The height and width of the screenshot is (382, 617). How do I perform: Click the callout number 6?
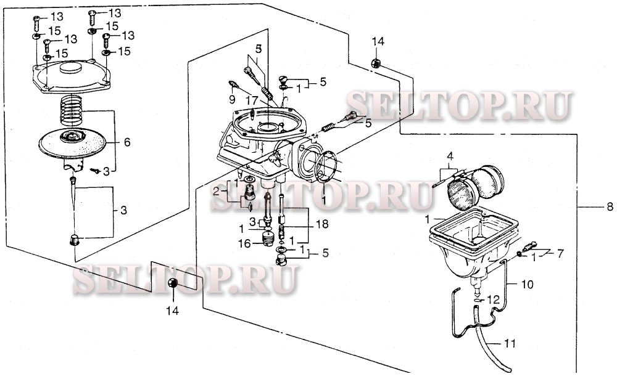pos(126,142)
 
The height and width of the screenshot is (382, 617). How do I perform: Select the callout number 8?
pos(610,206)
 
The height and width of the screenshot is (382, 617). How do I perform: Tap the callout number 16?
pos(244,243)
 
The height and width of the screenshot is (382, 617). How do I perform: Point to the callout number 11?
pos(510,344)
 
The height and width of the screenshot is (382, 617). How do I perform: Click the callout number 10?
pos(528,284)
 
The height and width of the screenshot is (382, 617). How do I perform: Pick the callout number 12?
pos(492,300)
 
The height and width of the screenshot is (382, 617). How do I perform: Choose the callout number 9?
pos(232,99)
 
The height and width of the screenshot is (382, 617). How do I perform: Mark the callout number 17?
pos(252,99)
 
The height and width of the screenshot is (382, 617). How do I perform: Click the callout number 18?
pos(322,224)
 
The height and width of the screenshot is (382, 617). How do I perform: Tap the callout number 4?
pos(450,156)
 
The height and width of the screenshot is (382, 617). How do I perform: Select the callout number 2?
pos(216,192)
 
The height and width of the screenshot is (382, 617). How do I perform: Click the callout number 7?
pos(560,253)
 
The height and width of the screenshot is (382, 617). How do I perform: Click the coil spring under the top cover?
pos(71,110)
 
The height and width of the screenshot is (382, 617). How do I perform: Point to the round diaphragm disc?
pos(72,142)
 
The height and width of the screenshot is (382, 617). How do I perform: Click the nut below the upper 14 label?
pos(376,63)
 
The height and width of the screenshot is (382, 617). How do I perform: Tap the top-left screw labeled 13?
pos(36,23)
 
